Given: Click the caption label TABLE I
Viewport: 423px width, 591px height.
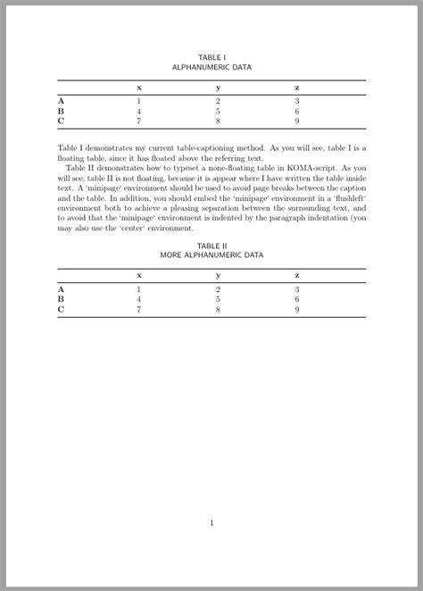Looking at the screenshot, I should coord(211,57).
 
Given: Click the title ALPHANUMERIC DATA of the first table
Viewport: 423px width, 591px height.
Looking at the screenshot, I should coord(211,67).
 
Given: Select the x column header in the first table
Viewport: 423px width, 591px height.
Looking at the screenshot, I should coord(138,87).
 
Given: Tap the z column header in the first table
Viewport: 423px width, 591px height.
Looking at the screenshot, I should coord(296,87).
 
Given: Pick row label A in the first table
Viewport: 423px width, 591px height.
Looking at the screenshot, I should coord(61,101).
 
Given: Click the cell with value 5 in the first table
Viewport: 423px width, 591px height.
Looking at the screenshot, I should coord(218,111).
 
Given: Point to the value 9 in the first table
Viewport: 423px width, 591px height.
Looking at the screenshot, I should coord(296,121).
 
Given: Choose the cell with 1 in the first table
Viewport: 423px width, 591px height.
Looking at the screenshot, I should coord(138,101).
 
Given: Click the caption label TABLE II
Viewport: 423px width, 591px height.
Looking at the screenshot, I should coord(211,246).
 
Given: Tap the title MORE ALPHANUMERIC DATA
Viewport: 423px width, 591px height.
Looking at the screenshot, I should coord(211,255).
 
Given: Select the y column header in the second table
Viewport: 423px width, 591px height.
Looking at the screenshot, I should coord(218,276).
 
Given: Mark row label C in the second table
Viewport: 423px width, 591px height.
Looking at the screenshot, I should coord(61,309).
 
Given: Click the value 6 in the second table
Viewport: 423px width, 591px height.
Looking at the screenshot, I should coord(296,299).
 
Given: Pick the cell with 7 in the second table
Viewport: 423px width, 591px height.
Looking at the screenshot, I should coord(138,309).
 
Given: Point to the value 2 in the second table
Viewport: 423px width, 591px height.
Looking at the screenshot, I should coord(218,289).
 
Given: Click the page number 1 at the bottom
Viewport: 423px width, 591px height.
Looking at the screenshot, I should coord(211,523).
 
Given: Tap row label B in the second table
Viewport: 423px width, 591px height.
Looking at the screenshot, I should coord(61,299).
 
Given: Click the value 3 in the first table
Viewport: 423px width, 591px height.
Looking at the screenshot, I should coord(296,101).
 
